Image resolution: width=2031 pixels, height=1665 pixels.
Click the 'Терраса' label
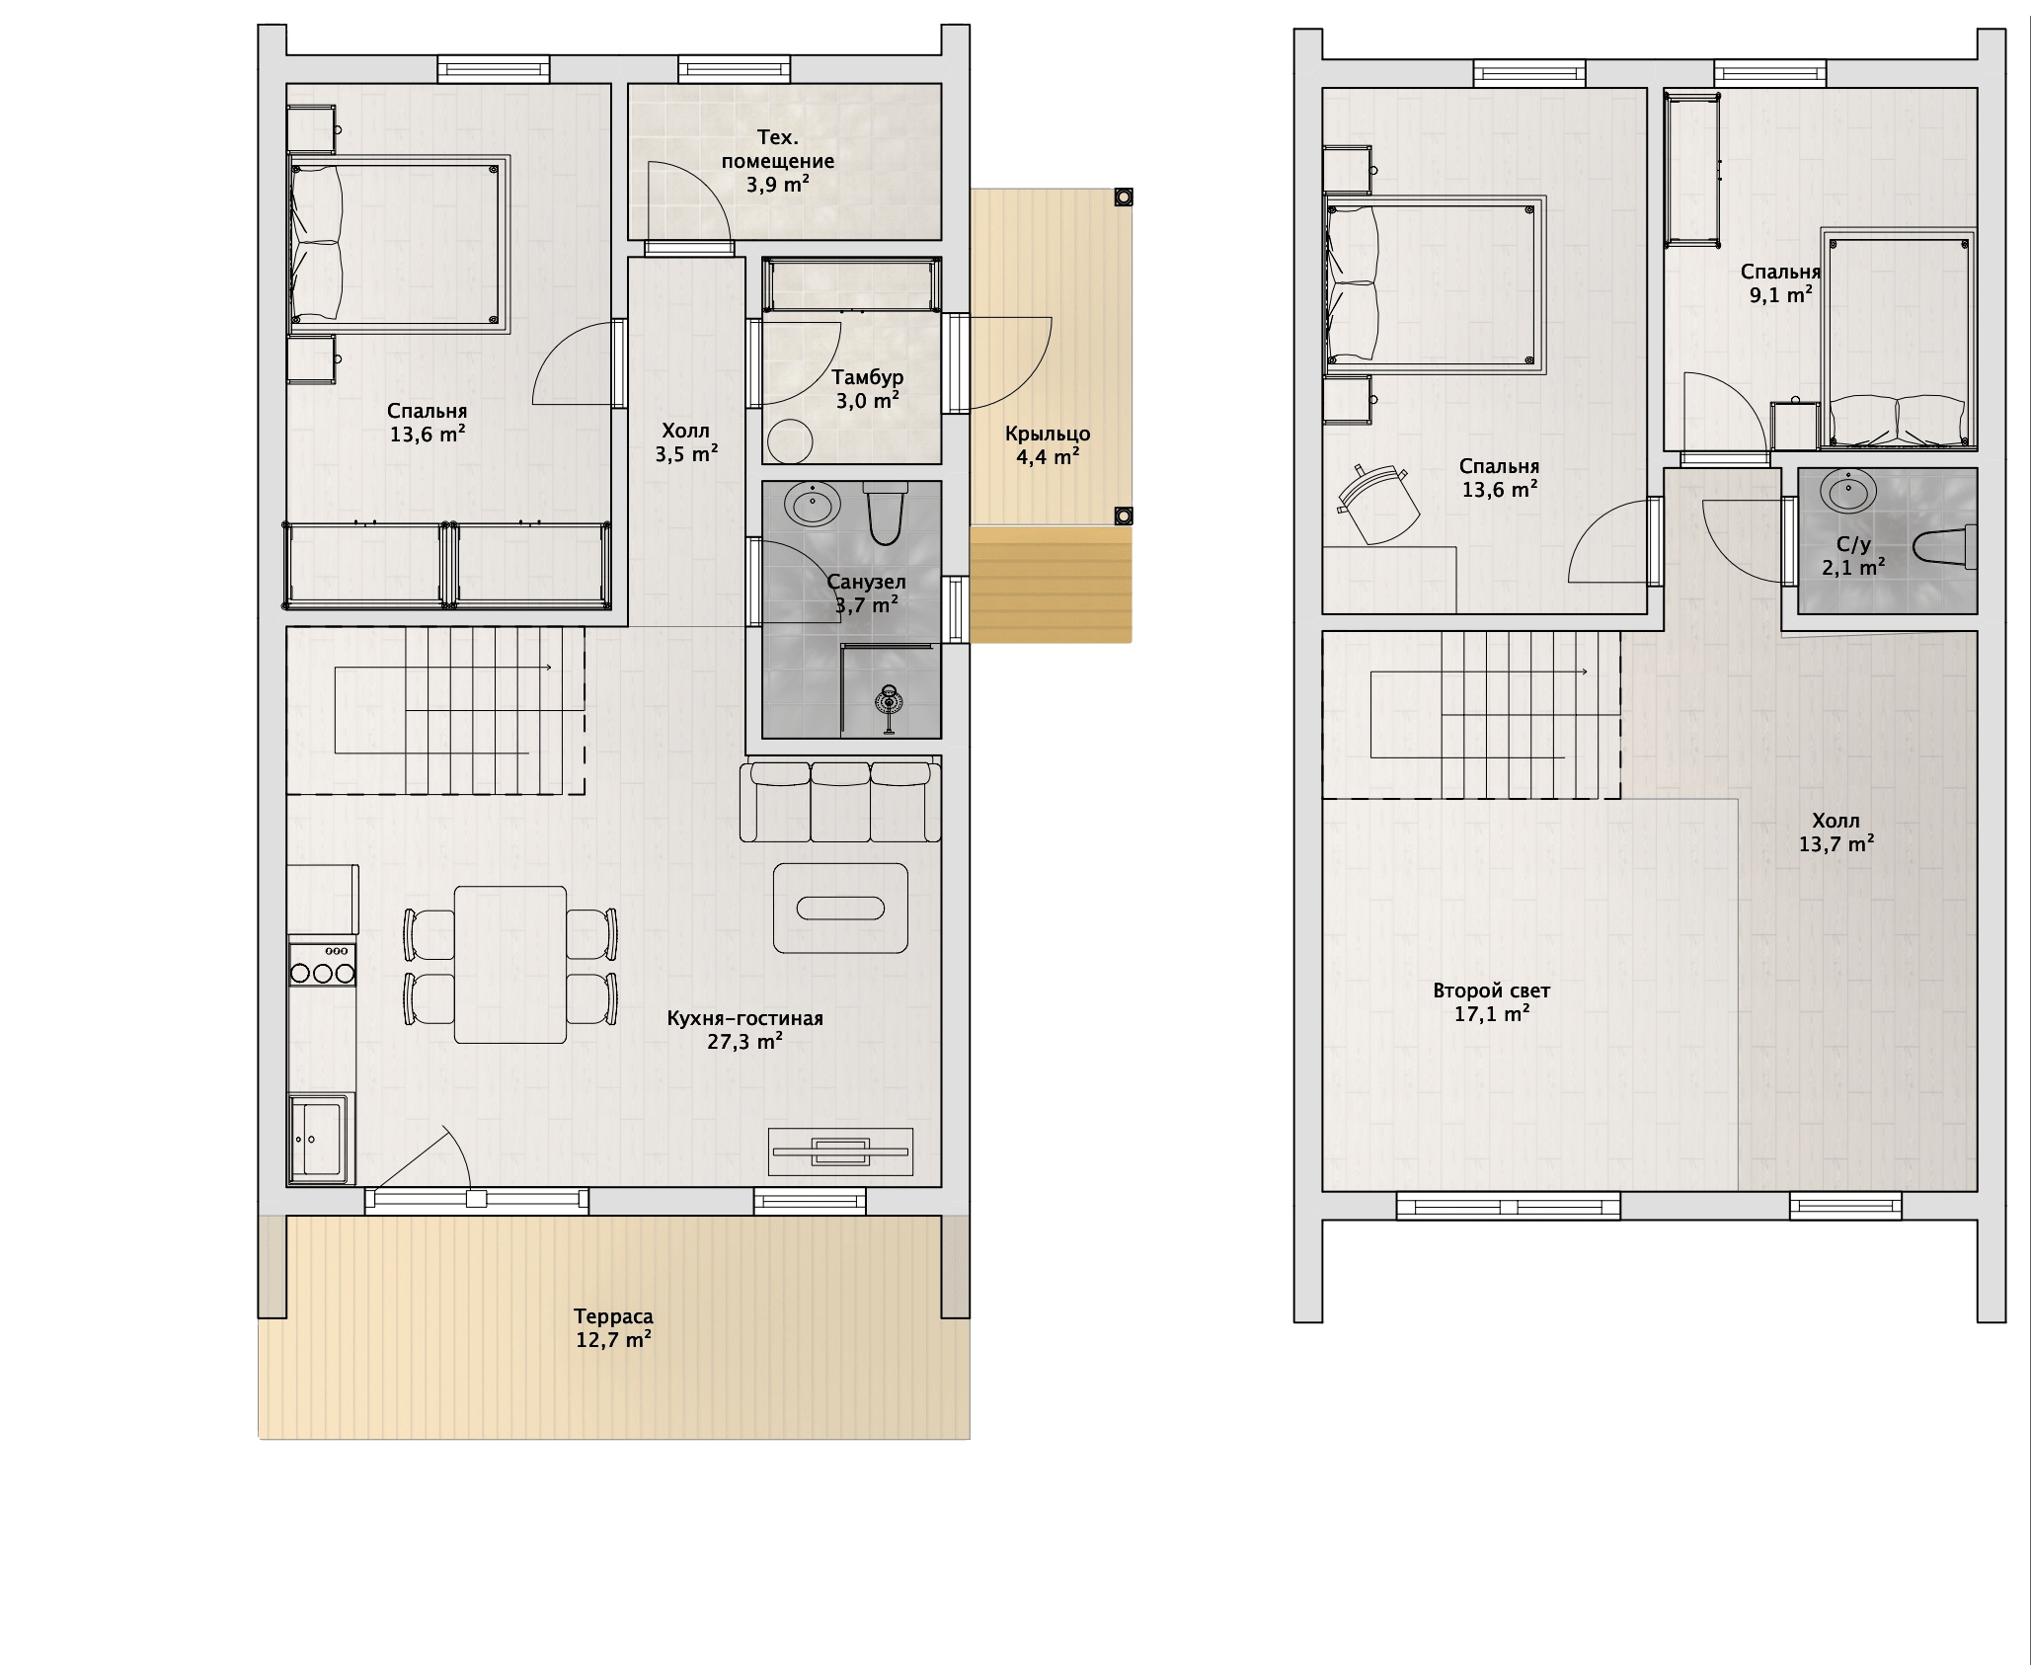(x=613, y=1316)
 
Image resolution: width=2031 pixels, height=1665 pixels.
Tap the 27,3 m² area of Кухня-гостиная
(x=745, y=1041)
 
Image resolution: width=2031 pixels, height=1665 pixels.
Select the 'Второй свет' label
(x=1492, y=991)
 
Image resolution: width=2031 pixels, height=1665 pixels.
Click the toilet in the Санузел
(x=884, y=513)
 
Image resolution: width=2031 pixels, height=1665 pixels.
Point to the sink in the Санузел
(x=813, y=505)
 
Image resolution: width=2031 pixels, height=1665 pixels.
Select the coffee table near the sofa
(x=840, y=908)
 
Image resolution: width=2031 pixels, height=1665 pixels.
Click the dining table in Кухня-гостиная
(x=510, y=964)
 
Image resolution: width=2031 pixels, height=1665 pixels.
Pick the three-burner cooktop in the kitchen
(x=322, y=964)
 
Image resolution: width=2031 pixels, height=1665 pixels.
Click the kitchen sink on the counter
(x=320, y=1138)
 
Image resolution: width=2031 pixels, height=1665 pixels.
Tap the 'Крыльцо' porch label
(x=1048, y=434)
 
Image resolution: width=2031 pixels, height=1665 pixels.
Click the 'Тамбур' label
(x=867, y=377)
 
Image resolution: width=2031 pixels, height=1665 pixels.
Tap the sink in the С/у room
(x=1848, y=491)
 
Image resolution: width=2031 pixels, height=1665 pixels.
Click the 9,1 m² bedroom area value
(x=1780, y=294)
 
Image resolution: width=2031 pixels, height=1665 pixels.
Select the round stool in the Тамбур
(x=789, y=440)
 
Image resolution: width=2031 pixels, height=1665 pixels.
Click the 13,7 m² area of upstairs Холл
(x=1836, y=843)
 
